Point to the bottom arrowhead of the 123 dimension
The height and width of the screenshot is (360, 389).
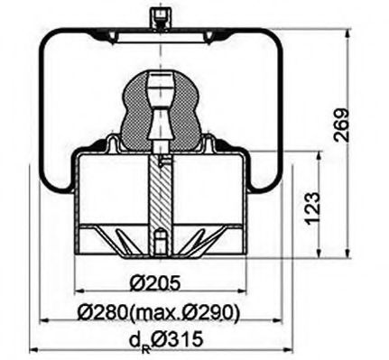click(x=319, y=250)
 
